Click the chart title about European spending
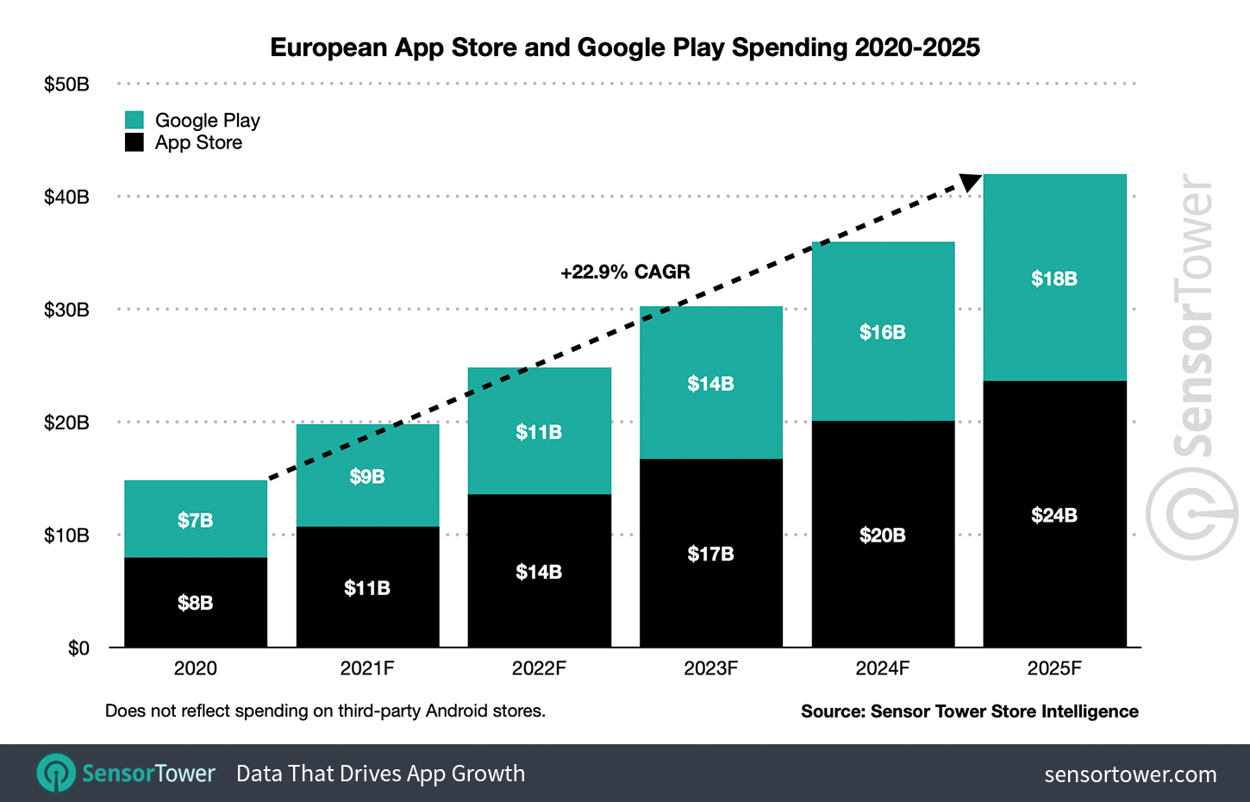pos(625,47)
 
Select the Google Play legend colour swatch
pos(134,120)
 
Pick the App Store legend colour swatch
pos(134,142)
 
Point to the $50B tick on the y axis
pos(66,85)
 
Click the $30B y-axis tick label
pos(66,310)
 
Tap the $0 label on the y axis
pos(78,648)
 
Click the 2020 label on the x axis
pos(196,668)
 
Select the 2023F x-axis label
pos(710,668)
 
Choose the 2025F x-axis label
pos(1053,668)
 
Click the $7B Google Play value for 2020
pos(196,520)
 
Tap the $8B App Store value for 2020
pos(196,603)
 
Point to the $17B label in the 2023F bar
pos(710,554)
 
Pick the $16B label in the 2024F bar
pos(882,332)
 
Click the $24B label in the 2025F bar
pos(1053,515)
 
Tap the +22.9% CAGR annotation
pos(625,272)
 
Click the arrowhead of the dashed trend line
pos(971,182)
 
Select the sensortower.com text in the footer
pos(1130,774)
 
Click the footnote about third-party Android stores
pos(325,711)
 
